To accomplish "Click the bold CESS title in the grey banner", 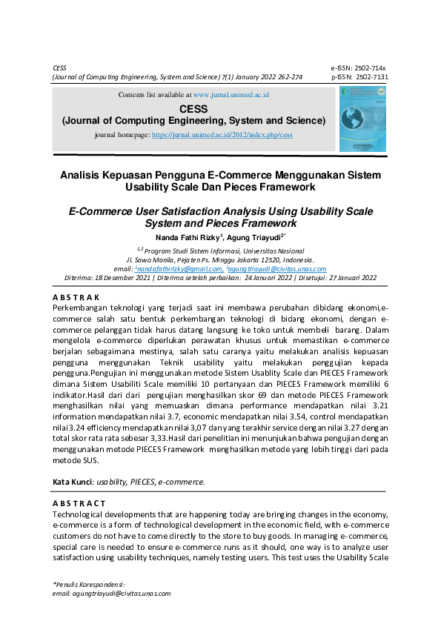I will coord(193,108).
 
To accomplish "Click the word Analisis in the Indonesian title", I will coord(82,176).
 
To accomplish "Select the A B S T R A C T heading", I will coord(79,504).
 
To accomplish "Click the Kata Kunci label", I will coord(73,482).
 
